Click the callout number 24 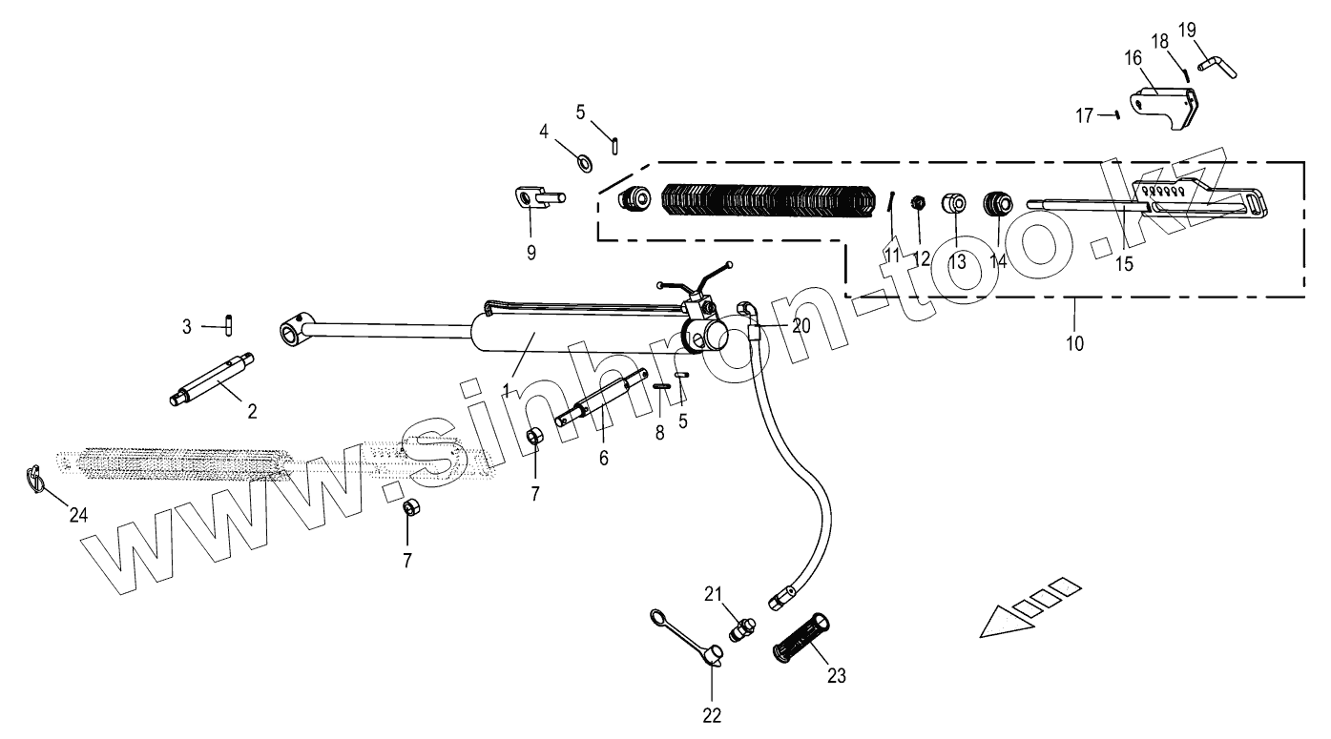pos(78,515)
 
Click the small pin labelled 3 pos(231,325)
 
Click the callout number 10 pos(1074,343)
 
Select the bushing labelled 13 pos(956,204)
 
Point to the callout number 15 pos(1125,264)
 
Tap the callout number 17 pos(1084,115)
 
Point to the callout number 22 pos(713,715)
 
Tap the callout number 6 pos(603,458)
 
